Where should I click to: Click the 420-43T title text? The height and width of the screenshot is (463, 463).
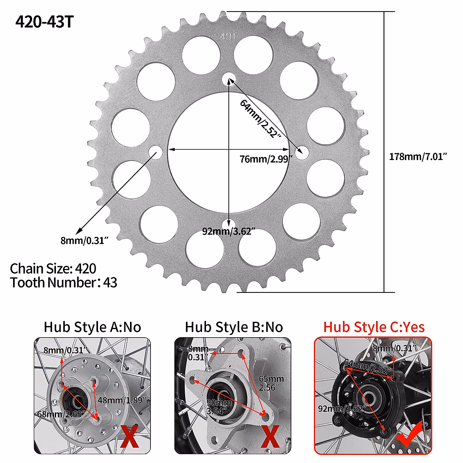[44, 22]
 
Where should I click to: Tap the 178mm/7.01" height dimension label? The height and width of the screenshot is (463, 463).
[418, 157]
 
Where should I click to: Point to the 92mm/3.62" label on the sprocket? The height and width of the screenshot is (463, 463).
[229, 231]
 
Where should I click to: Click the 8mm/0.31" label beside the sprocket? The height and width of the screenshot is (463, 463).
[84, 240]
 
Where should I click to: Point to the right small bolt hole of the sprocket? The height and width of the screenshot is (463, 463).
[302, 152]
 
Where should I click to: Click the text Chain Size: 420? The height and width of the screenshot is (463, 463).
[53, 269]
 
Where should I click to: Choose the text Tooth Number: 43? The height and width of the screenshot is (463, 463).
[64, 282]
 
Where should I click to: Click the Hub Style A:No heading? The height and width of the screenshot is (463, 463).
[92, 327]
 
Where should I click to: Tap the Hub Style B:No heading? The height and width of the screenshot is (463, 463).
[234, 327]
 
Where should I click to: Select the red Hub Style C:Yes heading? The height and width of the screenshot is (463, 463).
[373, 327]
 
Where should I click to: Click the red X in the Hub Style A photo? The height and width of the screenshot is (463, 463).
[129, 436]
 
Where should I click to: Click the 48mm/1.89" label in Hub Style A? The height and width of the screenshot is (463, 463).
[122, 400]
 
